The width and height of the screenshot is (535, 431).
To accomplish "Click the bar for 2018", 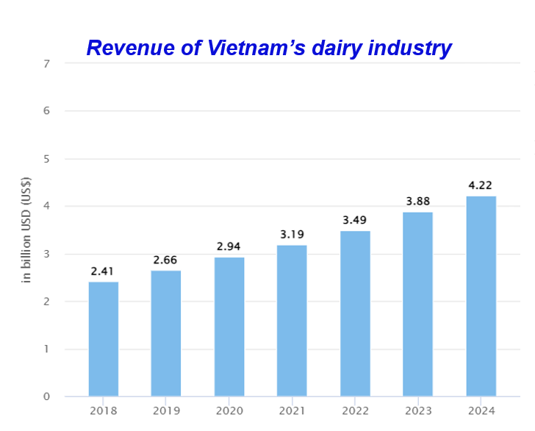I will [103, 339].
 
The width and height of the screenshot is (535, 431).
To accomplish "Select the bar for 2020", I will [229, 327].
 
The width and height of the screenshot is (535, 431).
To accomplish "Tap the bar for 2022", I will [355, 313].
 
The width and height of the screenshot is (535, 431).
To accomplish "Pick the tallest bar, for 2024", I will [481, 296].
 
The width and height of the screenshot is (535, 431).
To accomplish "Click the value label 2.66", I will [165, 260].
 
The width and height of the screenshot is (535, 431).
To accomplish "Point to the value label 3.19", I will [292, 235].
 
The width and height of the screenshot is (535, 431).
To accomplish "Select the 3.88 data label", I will [417, 202].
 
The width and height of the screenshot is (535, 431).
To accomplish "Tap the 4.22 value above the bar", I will [481, 185].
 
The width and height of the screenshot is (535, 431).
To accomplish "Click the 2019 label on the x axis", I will [165, 410].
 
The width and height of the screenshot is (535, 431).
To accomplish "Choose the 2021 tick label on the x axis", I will [292, 410].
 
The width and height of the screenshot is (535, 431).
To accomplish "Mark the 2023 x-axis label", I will [417, 410].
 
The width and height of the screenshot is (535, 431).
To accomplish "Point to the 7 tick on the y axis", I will [46, 63].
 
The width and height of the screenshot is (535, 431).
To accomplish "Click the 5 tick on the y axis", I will [46, 159].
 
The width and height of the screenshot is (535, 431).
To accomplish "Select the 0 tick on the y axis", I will [46, 397].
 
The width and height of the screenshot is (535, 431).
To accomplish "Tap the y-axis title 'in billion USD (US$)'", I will [26, 230].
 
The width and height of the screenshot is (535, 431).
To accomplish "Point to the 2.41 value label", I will [103, 272].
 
